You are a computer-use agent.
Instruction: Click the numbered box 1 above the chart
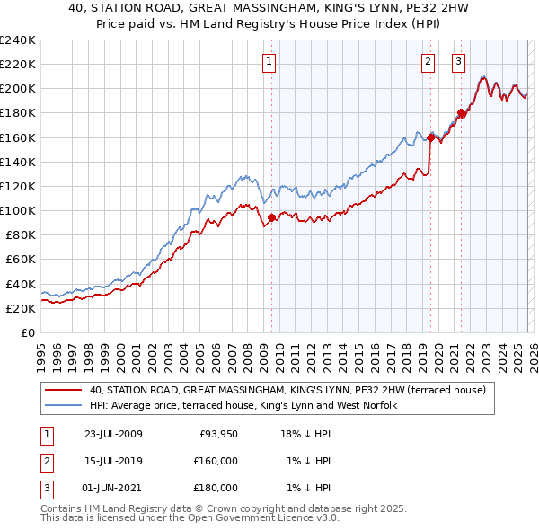(x=269, y=62)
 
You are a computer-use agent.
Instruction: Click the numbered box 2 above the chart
(x=428, y=62)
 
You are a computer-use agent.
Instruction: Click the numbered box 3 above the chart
(x=458, y=62)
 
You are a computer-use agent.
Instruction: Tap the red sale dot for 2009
(x=271, y=216)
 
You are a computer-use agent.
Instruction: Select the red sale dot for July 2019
(x=430, y=137)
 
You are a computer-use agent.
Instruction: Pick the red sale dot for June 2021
(x=461, y=113)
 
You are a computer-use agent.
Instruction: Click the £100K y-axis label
(x=17, y=210)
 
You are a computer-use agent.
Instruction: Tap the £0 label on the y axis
(x=27, y=332)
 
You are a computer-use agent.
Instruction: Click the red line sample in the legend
(x=64, y=391)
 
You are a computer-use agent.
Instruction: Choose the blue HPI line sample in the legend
(x=64, y=406)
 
